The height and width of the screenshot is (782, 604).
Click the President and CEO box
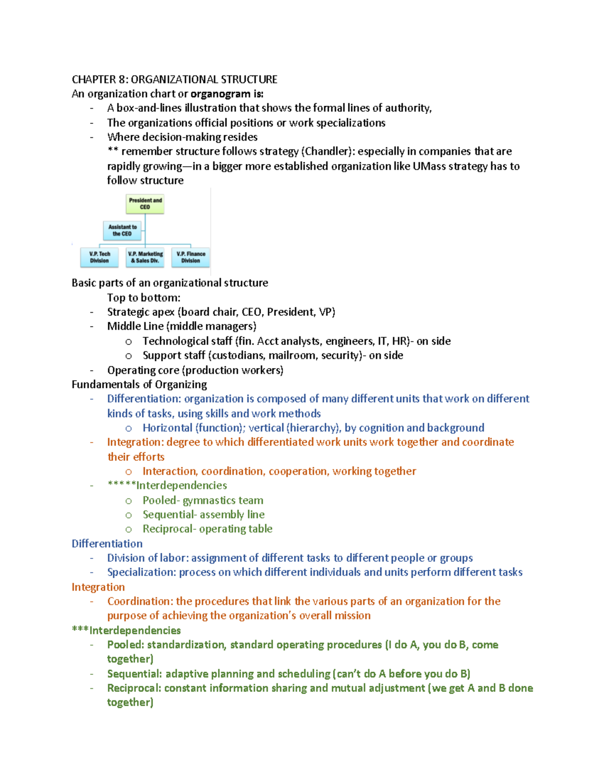[145, 204]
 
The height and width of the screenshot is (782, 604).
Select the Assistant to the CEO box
[122, 231]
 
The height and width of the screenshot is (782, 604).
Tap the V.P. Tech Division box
[100, 257]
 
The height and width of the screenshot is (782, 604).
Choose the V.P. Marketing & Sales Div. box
[145, 257]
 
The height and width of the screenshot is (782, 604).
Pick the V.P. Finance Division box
[191, 257]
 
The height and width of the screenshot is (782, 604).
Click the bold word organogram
[220, 94]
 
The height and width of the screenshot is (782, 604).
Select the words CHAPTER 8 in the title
[99, 80]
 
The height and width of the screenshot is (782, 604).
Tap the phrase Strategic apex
[140, 312]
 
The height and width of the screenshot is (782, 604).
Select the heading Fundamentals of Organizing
[139, 385]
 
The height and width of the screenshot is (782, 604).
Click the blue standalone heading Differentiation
[107, 544]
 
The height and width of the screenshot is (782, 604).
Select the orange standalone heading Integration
[98, 587]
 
